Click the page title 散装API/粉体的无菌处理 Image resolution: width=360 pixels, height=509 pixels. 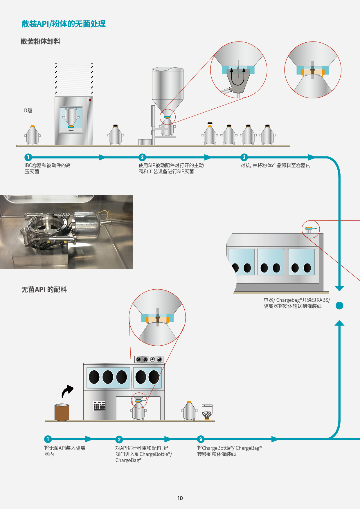click(64, 24)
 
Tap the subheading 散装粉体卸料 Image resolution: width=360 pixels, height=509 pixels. click(40, 41)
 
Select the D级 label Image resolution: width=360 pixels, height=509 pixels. click(28, 111)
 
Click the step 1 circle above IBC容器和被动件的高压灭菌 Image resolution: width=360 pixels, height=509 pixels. click(28, 157)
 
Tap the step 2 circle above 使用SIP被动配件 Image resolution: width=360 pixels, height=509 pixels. click(142, 157)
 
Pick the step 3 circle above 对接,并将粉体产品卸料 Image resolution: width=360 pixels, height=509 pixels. click(244, 157)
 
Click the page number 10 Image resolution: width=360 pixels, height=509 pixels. click(180, 498)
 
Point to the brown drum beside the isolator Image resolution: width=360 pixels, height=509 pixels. click(62, 412)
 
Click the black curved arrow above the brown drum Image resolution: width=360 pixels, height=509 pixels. click(67, 391)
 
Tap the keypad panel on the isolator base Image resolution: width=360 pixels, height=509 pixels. click(99, 406)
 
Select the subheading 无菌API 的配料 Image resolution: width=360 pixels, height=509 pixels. click(44, 290)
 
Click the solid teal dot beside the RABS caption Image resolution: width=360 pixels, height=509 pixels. click(339, 306)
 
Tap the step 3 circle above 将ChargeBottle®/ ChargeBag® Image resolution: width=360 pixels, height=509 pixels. click(200, 439)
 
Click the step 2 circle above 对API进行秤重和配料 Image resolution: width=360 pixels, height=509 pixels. click(119, 439)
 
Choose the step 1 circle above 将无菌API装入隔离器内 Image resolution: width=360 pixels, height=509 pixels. click(48, 439)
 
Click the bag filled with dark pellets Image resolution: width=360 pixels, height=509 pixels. click(207, 412)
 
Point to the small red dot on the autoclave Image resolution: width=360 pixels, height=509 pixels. click(90, 100)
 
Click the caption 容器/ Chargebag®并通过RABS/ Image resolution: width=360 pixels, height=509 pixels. click(296, 300)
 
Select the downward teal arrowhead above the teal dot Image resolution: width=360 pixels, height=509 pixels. click(339, 288)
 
